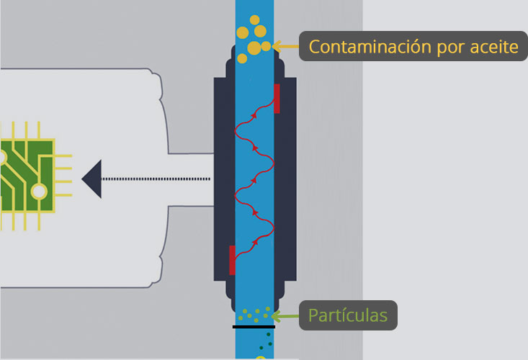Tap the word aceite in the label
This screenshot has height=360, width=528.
(x=494, y=47)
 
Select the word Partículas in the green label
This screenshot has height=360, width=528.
(x=348, y=315)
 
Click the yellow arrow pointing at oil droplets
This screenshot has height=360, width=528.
(x=285, y=46)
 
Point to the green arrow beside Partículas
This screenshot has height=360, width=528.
(x=285, y=316)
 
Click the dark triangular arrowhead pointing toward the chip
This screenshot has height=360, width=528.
(x=91, y=179)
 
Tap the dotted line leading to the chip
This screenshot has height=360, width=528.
(x=156, y=179)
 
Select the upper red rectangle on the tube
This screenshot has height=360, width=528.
(x=277, y=99)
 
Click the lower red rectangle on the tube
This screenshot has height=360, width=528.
(x=232, y=260)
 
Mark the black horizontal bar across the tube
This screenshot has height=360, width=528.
(x=254, y=327)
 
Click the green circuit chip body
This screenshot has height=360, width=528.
(x=27, y=176)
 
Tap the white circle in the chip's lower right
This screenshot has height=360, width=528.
(x=39, y=192)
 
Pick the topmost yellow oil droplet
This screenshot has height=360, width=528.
(x=255, y=20)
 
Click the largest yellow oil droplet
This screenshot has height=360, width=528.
(x=254, y=48)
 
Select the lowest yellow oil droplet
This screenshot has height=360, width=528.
(x=242, y=58)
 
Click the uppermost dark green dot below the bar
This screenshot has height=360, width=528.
(x=269, y=334)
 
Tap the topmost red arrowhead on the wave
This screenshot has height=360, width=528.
(x=254, y=115)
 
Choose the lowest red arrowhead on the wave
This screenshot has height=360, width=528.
(x=255, y=242)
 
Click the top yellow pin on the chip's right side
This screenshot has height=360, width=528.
(x=63, y=156)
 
